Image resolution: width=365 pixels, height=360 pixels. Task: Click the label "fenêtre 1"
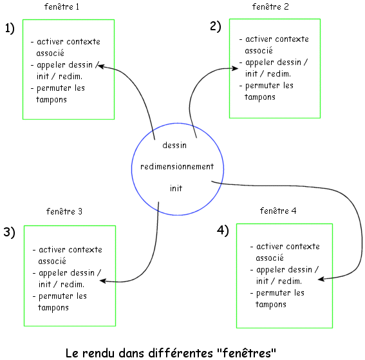click(62, 6)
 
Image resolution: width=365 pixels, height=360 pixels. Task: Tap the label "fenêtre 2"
click(270, 6)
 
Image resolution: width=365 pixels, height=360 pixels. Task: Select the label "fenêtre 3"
click(64, 211)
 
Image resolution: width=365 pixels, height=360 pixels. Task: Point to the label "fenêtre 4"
click(278, 211)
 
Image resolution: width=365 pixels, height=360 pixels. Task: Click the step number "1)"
click(10, 28)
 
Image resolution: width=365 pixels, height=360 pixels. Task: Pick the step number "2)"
click(215, 26)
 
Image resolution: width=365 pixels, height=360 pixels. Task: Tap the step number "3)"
click(9, 232)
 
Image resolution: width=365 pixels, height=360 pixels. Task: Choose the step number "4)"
click(223, 231)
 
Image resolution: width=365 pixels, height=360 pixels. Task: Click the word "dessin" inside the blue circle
click(174, 145)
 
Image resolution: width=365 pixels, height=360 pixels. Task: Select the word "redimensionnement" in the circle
click(177, 167)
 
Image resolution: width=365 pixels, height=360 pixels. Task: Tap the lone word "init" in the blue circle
click(176, 188)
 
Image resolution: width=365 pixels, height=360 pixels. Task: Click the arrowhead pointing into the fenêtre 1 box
click(100, 66)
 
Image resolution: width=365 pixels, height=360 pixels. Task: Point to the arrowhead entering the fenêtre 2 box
click(235, 68)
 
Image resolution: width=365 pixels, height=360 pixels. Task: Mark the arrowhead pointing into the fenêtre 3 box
click(103, 281)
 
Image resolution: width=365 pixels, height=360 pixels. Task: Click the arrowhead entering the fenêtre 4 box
click(321, 279)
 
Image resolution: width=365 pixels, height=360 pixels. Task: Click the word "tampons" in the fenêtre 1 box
click(51, 100)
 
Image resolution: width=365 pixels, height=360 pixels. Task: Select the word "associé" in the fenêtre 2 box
click(259, 50)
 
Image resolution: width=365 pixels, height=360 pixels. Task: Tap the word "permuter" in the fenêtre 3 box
click(55, 296)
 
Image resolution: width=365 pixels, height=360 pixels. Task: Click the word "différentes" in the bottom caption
click(181, 353)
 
